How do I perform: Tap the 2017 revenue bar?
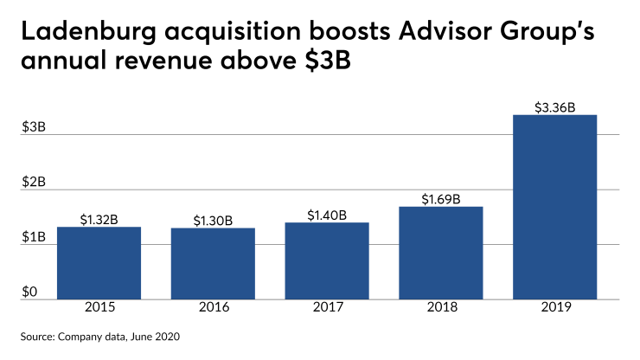point(327,260)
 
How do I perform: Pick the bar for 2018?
point(440,253)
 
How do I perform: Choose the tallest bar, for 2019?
point(554,207)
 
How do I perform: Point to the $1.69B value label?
point(440,199)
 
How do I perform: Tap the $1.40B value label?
point(327,215)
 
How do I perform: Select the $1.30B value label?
point(213,221)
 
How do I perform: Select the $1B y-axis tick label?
point(34,237)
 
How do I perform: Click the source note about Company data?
point(103,335)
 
